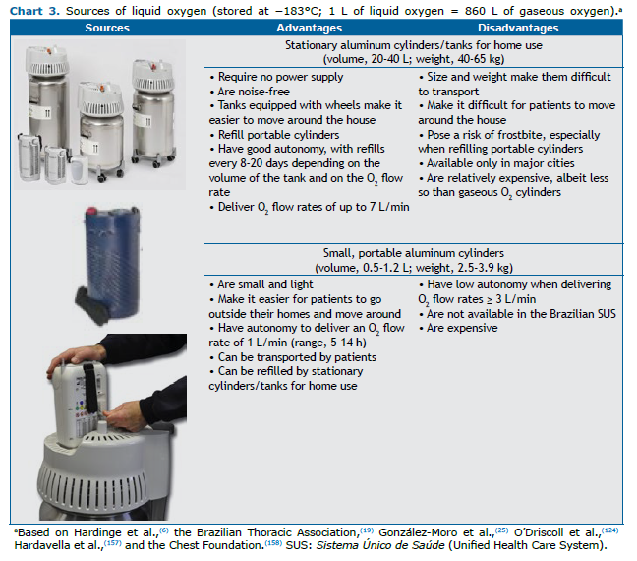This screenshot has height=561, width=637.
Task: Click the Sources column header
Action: coord(107,28)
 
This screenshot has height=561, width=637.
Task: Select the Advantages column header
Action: coord(309,28)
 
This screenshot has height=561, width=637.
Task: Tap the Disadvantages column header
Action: coord(518,28)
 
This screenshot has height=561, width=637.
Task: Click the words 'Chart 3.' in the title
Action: coord(34,11)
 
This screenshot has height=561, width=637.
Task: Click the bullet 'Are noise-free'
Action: coord(250,92)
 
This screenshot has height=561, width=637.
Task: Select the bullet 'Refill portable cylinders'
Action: coord(274,135)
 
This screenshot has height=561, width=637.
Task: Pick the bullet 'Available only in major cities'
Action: coord(496,163)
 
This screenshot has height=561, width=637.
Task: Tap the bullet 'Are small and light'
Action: coord(261,284)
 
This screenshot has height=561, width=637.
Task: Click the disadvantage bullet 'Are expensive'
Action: coord(458,328)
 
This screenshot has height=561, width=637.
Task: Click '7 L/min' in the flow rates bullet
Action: coord(389,207)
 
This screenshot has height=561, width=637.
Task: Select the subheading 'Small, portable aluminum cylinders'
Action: coord(414,253)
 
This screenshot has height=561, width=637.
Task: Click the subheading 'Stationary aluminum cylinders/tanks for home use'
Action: coord(414,45)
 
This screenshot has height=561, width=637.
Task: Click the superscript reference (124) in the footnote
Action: coord(609,530)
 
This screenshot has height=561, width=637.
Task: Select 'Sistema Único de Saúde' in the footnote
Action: coord(380,545)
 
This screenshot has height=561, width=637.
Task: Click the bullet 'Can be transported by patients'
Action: coord(293,357)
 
